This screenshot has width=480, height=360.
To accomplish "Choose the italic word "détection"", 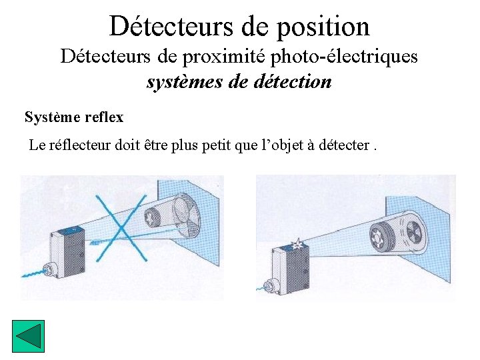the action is (x=293, y=82).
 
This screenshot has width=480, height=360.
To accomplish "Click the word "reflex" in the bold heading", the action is (x=105, y=117).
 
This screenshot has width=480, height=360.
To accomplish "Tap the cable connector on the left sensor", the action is (x=49, y=271).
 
